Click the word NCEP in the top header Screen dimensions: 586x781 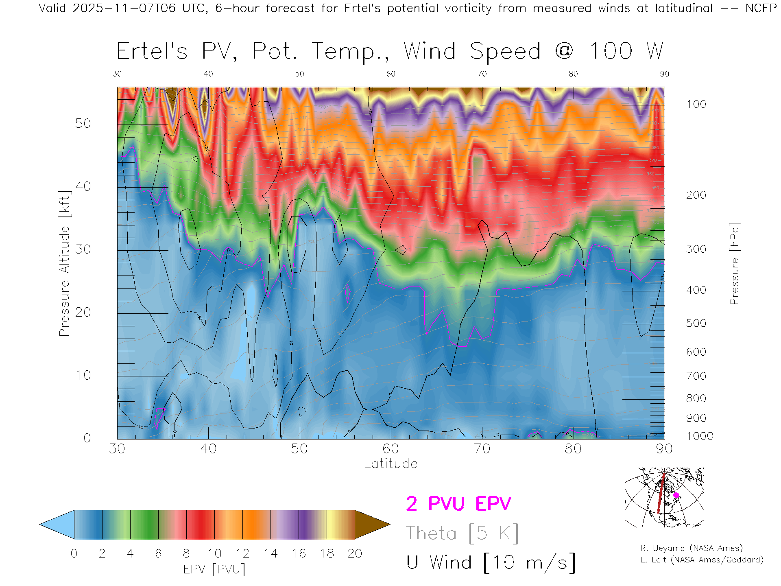761,8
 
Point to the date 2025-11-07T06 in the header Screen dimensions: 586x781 124,8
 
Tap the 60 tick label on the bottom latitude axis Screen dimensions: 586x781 390,449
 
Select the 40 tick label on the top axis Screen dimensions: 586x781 208,74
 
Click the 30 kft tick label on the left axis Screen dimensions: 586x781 83,249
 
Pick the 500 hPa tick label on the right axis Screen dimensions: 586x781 696,323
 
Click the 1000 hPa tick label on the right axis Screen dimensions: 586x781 700,436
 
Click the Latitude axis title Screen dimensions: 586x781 390,464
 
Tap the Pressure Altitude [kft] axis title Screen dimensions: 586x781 64,263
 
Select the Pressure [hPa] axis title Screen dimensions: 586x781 734,263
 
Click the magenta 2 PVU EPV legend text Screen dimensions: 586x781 458,504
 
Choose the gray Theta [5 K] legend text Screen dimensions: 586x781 462,533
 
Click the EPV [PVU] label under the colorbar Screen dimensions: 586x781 214,569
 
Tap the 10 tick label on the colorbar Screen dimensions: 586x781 214,553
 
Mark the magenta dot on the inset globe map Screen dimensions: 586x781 676,495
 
